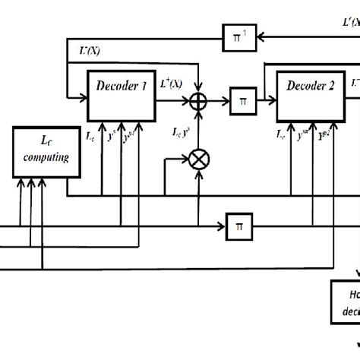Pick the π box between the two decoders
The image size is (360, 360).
point(243,99)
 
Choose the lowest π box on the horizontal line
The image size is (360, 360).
point(240,226)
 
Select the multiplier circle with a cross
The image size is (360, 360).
point(199,159)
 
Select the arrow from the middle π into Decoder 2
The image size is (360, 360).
point(270,100)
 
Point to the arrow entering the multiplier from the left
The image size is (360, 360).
point(185,159)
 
